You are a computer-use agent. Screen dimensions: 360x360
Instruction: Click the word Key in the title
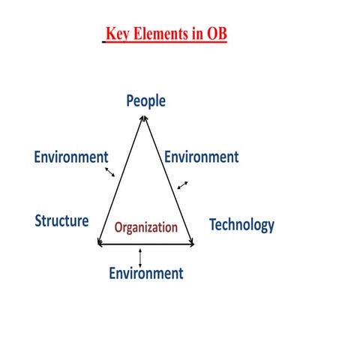click(x=117, y=35)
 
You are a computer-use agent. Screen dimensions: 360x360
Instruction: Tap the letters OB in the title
click(x=215, y=35)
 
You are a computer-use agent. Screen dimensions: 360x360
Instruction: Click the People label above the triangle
click(x=145, y=100)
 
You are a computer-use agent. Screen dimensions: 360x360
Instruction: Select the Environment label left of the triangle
click(x=71, y=157)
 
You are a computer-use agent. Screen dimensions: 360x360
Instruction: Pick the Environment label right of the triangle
click(x=201, y=157)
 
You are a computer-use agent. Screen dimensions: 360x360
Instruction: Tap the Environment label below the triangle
click(x=145, y=273)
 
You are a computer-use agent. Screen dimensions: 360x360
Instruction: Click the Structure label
click(x=62, y=221)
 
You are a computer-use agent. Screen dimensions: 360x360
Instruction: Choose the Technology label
click(x=241, y=224)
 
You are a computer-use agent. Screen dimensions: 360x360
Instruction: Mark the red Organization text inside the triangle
click(x=145, y=226)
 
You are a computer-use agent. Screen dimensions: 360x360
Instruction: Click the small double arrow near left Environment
click(x=109, y=172)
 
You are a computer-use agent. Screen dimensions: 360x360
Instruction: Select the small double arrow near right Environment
click(x=182, y=184)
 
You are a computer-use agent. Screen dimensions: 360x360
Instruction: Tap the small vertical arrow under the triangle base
click(x=140, y=255)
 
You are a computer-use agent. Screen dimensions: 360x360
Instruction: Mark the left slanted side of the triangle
click(x=121, y=180)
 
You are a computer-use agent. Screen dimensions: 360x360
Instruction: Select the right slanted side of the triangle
click(x=166, y=180)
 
